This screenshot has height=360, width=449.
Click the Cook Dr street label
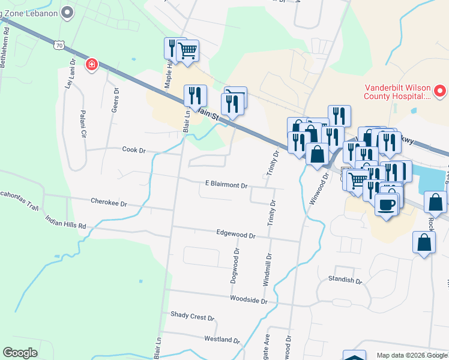click(134, 149)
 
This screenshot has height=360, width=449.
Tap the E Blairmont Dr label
click(226, 185)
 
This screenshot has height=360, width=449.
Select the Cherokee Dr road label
click(109, 203)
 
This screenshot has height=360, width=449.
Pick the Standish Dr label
click(345, 280)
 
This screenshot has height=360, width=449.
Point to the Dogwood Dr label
click(235, 266)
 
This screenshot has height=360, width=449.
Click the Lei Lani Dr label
click(70, 73)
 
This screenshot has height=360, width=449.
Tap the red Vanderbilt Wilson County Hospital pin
click(440, 92)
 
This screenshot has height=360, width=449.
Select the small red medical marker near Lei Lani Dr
click(92, 64)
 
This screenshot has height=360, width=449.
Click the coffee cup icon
click(385, 204)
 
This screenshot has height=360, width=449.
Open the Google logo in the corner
click(20, 353)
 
